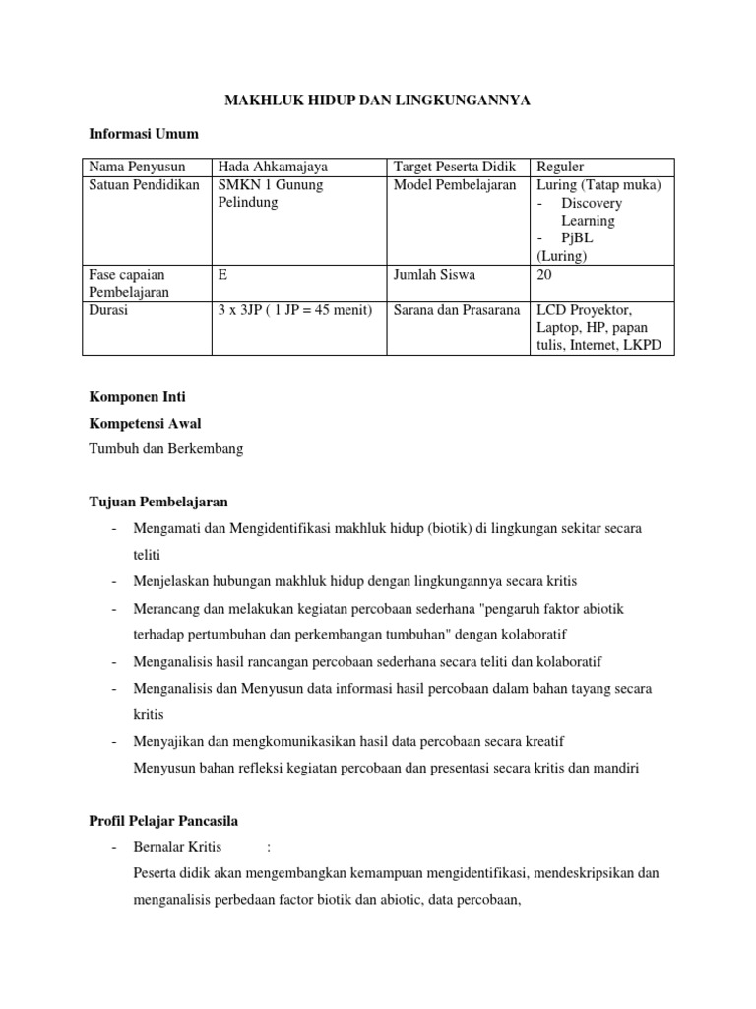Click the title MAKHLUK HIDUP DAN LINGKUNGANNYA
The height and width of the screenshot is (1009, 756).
[x=378, y=101]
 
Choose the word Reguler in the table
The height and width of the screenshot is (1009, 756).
[x=560, y=167]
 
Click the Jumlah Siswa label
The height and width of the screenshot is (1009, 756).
[x=434, y=276]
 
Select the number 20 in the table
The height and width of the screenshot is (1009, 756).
[x=544, y=276]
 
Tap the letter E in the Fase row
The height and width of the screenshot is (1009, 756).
[x=223, y=276]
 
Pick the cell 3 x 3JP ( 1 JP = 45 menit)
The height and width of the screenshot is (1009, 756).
[x=295, y=310]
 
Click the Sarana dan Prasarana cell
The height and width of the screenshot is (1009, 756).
[x=457, y=310]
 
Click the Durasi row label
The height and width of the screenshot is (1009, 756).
[x=109, y=310]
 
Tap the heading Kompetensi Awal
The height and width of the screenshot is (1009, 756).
[x=145, y=424]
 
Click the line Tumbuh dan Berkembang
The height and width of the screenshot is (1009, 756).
[x=165, y=449]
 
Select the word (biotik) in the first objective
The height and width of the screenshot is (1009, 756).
[x=454, y=529]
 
